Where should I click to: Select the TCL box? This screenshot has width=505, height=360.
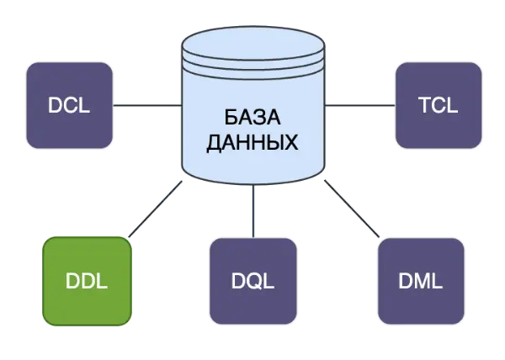coord(437,105)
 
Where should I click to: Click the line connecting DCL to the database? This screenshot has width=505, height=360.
coord(146,105)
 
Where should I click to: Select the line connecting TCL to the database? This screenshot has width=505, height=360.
coord(359,105)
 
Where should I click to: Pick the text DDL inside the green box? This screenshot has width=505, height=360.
coord(87,282)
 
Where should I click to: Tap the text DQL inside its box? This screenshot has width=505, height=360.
coord(252,282)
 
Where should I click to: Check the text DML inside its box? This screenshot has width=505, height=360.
coord(422,282)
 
